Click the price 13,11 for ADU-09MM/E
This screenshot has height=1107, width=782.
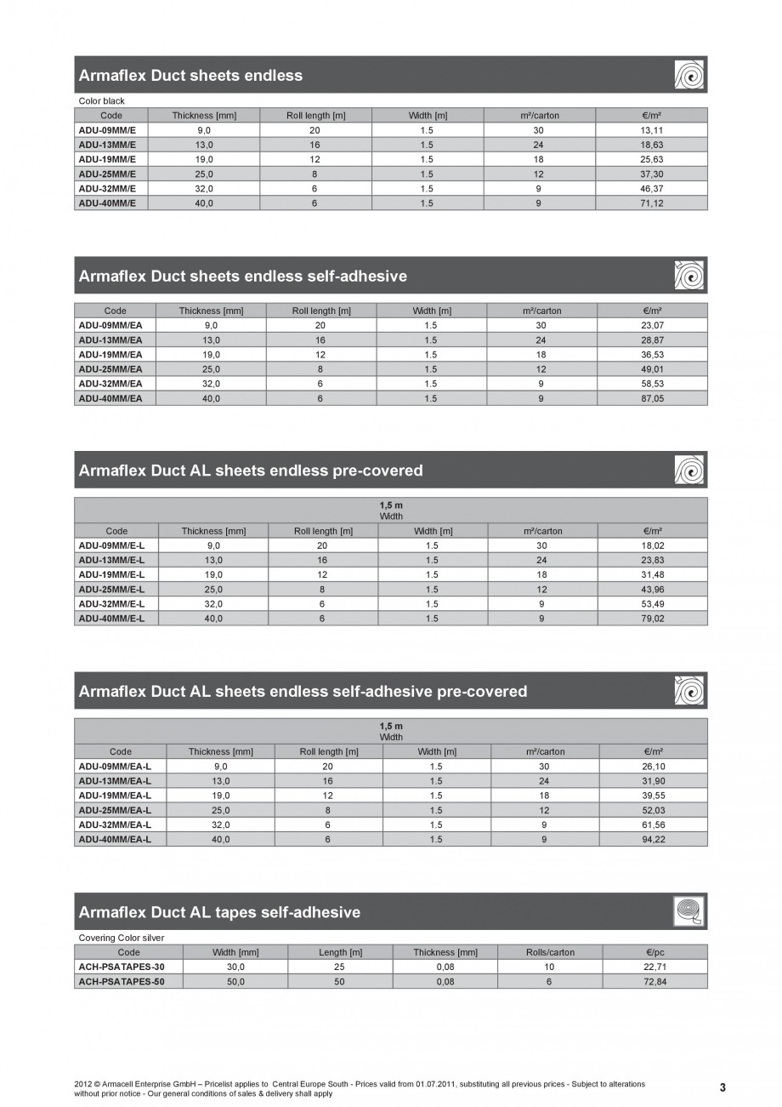click(x=652, y=130)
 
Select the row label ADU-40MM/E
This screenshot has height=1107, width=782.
click(x=108, y=203)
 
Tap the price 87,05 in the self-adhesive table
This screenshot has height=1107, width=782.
click(x=653, y=398)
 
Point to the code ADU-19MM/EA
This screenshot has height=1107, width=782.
click(x=110, y=354)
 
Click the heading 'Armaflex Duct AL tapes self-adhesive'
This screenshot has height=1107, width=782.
click(x=219, y=912)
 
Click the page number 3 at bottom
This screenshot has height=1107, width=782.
click(x=722, y=1087)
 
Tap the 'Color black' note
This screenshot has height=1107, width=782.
click(x=101, y=101)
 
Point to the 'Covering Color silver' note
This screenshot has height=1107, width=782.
click(x=122, y=938)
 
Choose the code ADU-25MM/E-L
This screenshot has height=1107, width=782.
click(x=111, y=589)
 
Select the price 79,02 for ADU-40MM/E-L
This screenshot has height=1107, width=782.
click(x=653, y=619)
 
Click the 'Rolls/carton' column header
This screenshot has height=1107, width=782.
click(x=550, y=952)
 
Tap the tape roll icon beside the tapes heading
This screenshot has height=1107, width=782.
click(x=689, y=911)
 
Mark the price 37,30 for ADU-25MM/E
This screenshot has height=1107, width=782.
click(x=652, y=174)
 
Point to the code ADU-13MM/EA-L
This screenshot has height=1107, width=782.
click(x=115, y=780)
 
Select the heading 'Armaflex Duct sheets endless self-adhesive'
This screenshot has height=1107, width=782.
click(x=242, y=276)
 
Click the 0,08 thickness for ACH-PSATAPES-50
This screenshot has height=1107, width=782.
click(x=445, y=981)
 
